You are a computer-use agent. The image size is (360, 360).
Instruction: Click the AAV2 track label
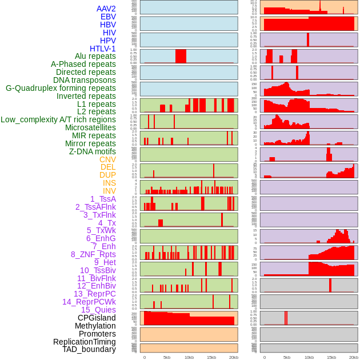106,9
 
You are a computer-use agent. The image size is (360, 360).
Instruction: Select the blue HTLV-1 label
103,49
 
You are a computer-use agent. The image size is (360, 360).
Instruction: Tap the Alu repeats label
95,56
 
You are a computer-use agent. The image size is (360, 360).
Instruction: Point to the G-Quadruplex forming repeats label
61,88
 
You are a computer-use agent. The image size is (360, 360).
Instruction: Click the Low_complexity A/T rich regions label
58,119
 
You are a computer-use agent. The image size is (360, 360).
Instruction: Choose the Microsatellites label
90,127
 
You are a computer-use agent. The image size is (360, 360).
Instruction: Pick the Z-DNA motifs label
93,151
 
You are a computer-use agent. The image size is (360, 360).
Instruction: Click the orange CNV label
107,159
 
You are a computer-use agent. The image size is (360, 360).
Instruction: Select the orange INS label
109,183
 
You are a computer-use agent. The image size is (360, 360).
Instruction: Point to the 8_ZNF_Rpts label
93,254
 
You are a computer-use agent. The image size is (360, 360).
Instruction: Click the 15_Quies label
98,310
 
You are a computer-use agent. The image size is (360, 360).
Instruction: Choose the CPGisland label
97,318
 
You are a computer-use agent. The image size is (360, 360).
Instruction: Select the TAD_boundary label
89,349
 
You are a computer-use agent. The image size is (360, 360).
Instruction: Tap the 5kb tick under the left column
167,357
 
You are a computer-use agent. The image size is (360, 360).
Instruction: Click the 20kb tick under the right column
354,357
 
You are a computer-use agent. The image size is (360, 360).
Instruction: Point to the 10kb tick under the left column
189,357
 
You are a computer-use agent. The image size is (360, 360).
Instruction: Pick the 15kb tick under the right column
331,357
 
